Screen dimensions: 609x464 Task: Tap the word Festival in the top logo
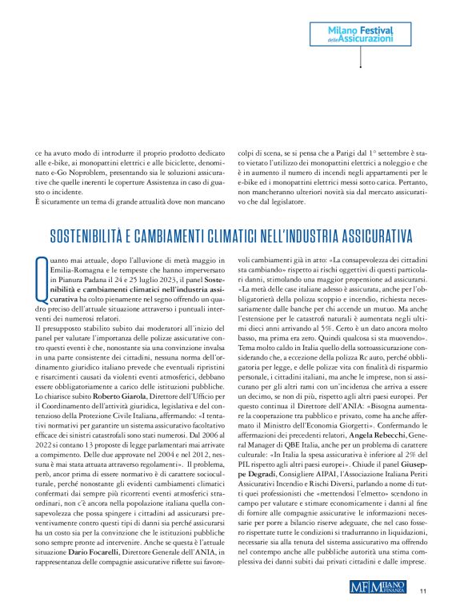click(x=376, y=27)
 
